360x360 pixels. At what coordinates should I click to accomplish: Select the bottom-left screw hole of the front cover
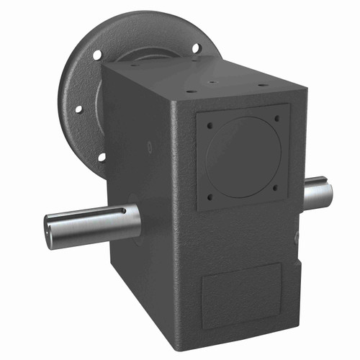click(211, 196)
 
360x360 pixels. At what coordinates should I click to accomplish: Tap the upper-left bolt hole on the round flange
click(97, 54)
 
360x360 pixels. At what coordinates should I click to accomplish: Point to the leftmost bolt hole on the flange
click(78, 109)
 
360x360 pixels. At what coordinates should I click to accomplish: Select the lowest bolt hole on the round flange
click(102, 156)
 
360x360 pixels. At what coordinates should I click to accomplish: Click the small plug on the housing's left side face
click(149, 146)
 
